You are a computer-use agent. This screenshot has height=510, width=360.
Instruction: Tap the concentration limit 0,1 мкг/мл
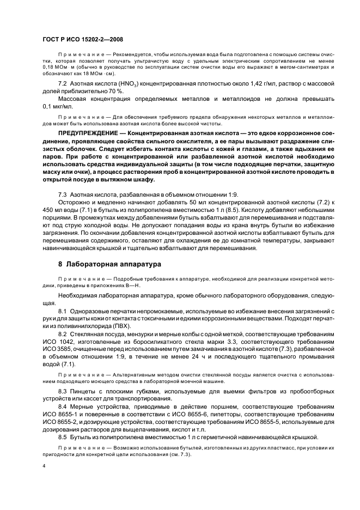tap(57, 106)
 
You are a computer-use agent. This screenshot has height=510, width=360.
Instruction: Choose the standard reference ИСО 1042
tap(56, 341)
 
